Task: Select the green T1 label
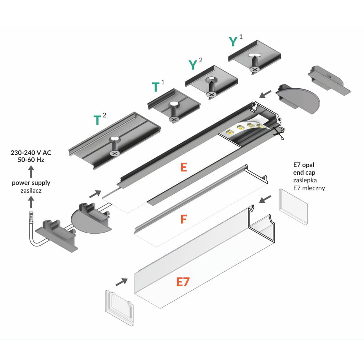tap(158, 87)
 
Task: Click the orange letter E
tap(184, 167)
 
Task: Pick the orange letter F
tap(184, 219)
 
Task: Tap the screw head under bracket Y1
tap(255, 68)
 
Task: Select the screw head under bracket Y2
tap(211, 94)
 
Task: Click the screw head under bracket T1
tap(174, 119)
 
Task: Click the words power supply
tap(31, 183)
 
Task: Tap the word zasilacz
tap(31, 190)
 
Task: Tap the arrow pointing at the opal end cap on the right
tap(266, 199)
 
